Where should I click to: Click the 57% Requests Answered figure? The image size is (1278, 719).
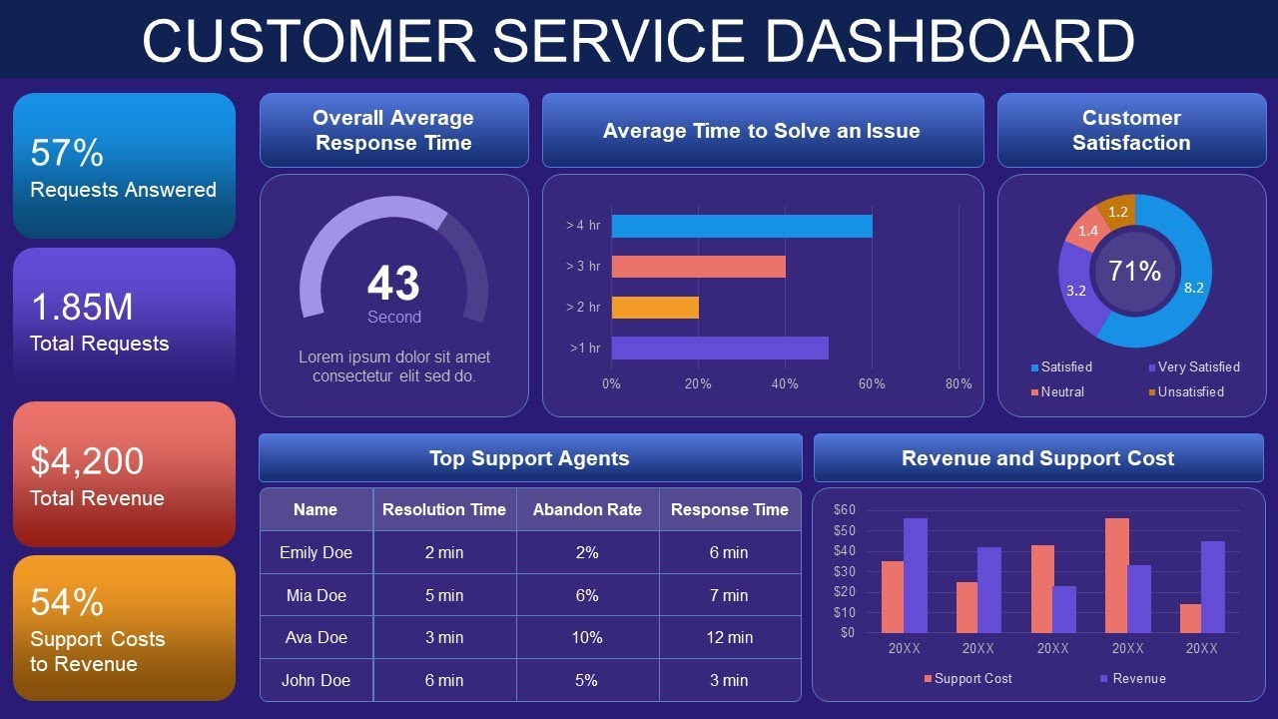click(x=67, y=153)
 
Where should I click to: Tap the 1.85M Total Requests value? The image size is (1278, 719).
click(x=82, y=307)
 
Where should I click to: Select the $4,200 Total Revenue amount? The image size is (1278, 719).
click(x=87, y=461)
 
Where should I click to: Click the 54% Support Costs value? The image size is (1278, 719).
click(x=67, y=602)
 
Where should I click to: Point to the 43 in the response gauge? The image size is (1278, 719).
click(x=393, y=284)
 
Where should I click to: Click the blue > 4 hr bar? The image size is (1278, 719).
click(x=741, y=226)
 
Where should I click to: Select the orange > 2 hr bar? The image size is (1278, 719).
click(x=655, y=308)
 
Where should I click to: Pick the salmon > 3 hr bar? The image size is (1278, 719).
click(x=698, y=267)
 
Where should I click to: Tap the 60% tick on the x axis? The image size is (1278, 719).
click(x=872, y=384)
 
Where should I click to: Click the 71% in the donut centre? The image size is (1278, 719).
click(x=1135, y=271)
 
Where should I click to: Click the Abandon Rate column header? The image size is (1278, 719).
click(x=587, y=509)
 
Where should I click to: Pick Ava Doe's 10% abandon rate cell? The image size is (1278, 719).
click(x=587, y=637)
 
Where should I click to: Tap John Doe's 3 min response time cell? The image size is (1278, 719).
click(x=729, y=680)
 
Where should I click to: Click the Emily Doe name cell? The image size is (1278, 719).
click(x=316, y=552)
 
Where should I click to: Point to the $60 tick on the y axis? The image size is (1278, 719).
click(x=845, y=509)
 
